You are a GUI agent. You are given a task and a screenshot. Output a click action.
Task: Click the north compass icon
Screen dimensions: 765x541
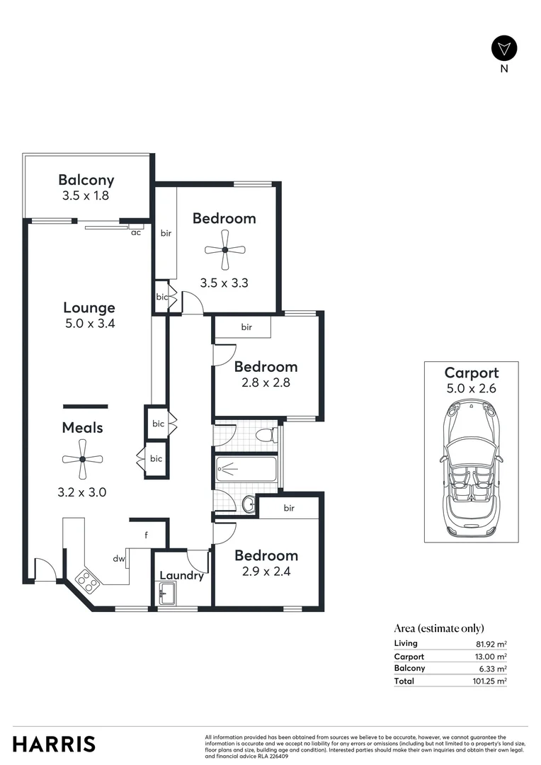504,48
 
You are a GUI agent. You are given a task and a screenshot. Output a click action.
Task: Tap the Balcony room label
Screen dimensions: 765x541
86,180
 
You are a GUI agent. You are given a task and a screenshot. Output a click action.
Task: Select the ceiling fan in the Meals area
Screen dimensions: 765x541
82,459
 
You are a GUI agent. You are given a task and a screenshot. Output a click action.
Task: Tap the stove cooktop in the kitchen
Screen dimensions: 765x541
86,582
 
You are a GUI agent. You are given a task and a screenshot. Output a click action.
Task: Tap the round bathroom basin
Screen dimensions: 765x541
249,504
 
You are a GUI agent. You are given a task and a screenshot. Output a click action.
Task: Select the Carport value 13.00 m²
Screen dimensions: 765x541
491,657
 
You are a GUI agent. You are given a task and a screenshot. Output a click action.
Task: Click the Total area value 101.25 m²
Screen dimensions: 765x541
490,681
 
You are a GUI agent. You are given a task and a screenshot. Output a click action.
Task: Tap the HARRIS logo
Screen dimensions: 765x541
54,744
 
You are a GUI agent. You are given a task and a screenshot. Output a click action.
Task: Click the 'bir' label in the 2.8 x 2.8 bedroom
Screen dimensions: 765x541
246,327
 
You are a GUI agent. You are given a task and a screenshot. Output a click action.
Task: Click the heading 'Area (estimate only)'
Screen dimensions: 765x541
439,628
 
